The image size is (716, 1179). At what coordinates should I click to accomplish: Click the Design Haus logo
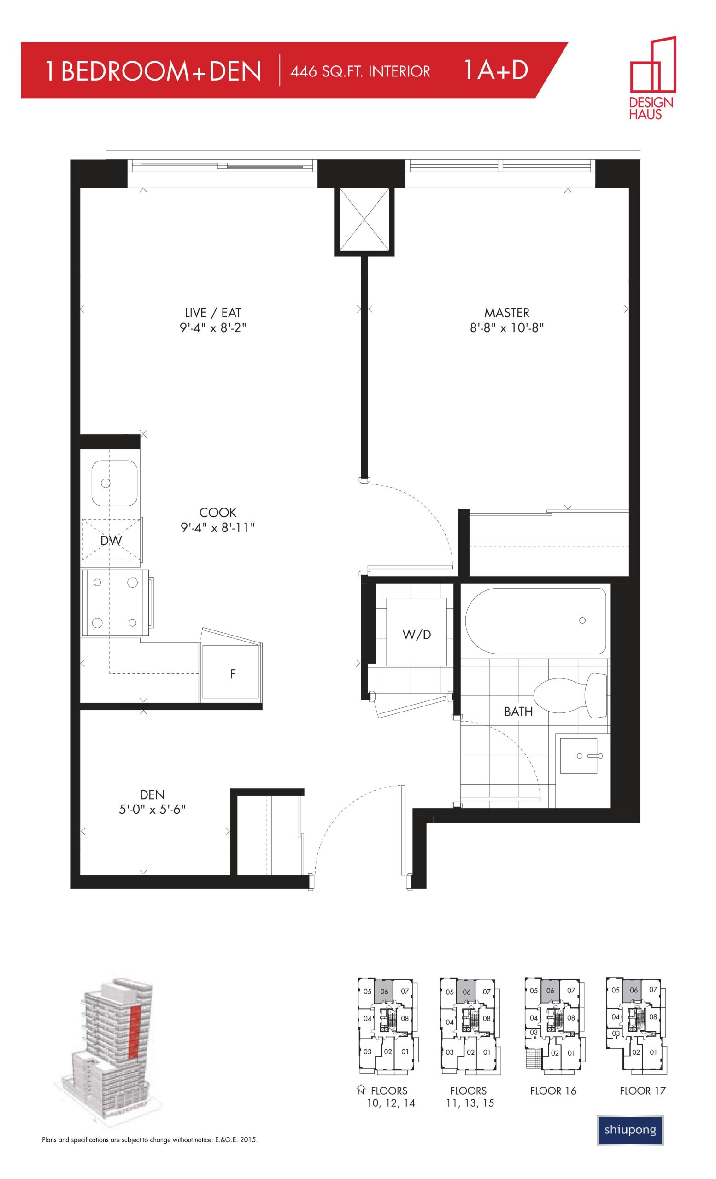point(652,77)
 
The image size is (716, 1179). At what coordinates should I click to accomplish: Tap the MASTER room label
point(506,313)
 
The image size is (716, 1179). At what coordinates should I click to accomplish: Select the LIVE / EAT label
point(213,313)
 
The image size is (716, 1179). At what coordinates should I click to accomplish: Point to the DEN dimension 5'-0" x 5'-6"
point(152,810)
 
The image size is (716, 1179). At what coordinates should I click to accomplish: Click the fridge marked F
point(232,673)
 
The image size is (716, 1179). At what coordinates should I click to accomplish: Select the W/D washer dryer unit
point(417,632)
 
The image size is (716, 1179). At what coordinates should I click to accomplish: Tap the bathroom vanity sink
point(579,756)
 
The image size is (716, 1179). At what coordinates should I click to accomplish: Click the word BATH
point(518,712)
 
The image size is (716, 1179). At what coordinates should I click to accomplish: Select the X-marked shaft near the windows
point(364,219)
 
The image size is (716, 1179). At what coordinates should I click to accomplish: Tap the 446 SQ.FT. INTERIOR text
point(360,71)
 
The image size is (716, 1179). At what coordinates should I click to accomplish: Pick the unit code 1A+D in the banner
point(495,70)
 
